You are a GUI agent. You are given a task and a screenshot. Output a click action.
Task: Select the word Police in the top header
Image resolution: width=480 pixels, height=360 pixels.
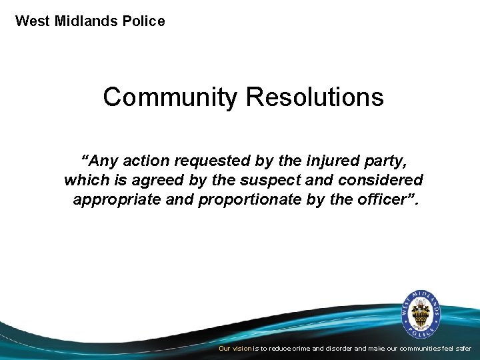click(x=143, y=21)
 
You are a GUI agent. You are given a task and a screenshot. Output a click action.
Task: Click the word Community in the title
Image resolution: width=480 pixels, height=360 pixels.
click(x=170, y=97)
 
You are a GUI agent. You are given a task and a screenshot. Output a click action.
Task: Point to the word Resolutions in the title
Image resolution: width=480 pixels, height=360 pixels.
click(x=315, y=97)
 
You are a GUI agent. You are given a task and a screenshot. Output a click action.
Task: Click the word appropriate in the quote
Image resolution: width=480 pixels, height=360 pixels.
click(x=115, y=199)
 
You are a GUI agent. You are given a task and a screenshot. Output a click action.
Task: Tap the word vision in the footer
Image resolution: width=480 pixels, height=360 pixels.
click(x=242, y=349)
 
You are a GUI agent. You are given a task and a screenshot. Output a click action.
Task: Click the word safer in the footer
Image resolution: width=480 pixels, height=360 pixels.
click(x=462, y=349)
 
